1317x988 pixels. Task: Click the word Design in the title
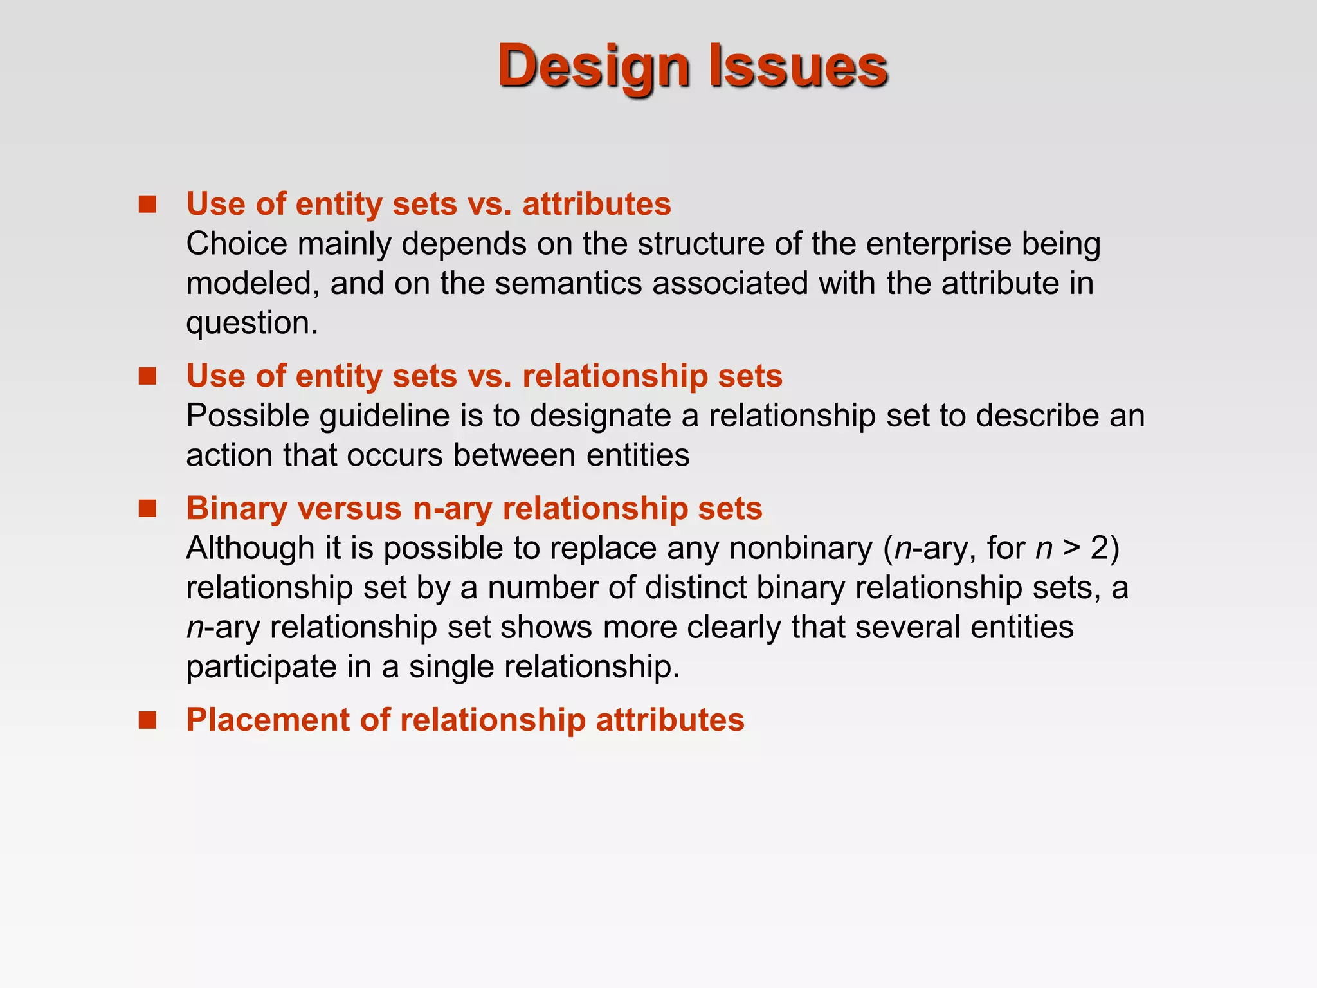pos(594,66)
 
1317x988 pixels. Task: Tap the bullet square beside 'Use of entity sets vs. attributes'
pos(148,205)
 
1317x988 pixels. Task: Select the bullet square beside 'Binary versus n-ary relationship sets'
pos(148,509)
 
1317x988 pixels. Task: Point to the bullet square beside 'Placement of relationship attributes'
pos(148,720)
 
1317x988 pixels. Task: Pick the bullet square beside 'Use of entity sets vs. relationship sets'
pos(148,376)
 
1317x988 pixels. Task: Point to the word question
pos(251,323)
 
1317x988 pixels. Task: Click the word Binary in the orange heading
pos(236,509)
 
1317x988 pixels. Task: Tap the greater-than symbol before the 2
pos(1071,548)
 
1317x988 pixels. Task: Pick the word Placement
pos(268,720)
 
